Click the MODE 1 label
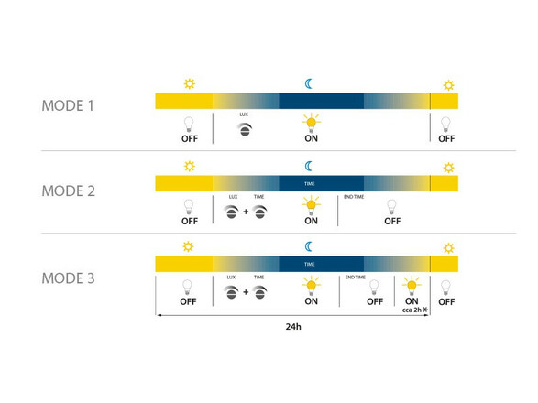coord(68,105)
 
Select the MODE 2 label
coord(68,191)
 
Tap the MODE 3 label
coord(68,278)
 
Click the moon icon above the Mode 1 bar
coord(309,83)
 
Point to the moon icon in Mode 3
coord(309,246)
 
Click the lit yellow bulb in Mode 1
coord(312,123)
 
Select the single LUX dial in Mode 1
coord(245,129)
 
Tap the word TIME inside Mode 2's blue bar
coord(310,184)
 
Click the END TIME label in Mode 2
coord(354,197)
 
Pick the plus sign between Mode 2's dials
coord(246,212)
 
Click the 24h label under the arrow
coord(293,326)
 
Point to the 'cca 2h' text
coord(412,310)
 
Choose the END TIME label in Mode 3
coord(356,278)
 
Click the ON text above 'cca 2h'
coord(412,301)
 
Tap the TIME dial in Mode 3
coord(259,292)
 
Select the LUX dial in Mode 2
coord(231,212)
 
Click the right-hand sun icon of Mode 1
coord(448,84)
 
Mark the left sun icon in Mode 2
coord(190,166)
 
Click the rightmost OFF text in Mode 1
coord(446,139)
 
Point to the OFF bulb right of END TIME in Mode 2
coord(391,207)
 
